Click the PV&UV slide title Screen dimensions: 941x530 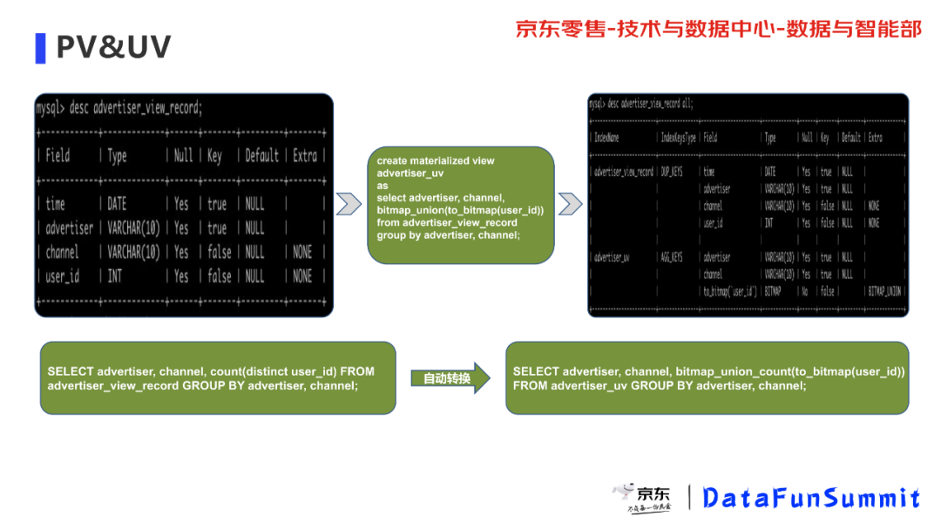click(113, 47)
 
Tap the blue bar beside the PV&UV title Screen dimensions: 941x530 click(40, 48)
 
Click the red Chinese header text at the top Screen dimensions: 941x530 click(718, 29)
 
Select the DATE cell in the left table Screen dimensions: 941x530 click(117, 204)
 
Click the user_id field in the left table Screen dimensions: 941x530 click(63, 276)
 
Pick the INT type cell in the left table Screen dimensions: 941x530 click(115, 276)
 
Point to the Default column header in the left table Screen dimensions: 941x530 click(261, 156)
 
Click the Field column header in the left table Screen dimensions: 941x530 click(58, 156)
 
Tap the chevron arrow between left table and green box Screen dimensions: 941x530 click(349, 204)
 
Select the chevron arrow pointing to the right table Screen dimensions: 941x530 click(570, 204)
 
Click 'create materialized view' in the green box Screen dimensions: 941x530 click(436, 160)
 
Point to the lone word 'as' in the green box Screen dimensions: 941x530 click(382, 186)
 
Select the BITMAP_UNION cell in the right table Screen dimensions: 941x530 click(883, 291)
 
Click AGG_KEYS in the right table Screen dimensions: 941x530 click(672, 257)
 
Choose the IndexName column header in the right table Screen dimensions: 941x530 click(606, 138)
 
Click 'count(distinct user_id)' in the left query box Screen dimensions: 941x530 click(273, 371)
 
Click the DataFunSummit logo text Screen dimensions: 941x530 click(811, 498)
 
